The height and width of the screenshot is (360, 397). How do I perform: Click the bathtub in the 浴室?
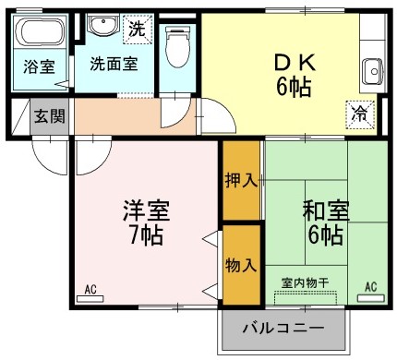coord(39,38)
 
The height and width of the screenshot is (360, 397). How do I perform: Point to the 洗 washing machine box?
coord(136,29)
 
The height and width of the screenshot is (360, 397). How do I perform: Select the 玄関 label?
coord(49,116)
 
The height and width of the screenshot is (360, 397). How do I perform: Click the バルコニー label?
coord(283,329)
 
